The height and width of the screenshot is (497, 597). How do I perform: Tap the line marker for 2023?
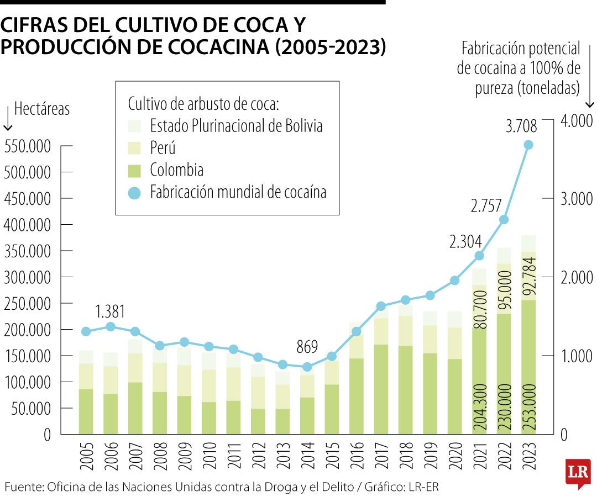[x=528, y=145]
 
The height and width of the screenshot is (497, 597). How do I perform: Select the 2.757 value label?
[x=486, y=207]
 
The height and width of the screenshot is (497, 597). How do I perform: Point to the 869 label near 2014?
[x=307, y=347]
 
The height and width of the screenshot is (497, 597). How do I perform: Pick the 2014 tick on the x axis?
[x=308, y=457]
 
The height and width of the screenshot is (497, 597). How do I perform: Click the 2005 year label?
[x=86, y=457]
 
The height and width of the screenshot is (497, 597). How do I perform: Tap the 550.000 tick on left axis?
[x=27, y=147]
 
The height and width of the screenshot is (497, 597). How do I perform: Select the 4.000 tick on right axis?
[x=577, y=120]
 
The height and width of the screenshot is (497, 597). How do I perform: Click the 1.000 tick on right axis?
[x=577, y=356]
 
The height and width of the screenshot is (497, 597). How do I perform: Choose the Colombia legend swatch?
[x=135, y=170]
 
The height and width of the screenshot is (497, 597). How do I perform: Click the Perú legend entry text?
[x=163, y=148]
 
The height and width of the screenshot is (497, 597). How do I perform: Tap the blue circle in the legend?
[x=135, y=192]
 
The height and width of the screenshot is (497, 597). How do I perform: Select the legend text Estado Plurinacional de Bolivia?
[x=236, y=126]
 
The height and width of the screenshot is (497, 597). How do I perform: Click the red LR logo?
[x=578, y=472]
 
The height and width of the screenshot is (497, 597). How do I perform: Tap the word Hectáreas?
[x=42, y=109]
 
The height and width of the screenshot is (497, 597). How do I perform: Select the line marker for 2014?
[x=307, y=367]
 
